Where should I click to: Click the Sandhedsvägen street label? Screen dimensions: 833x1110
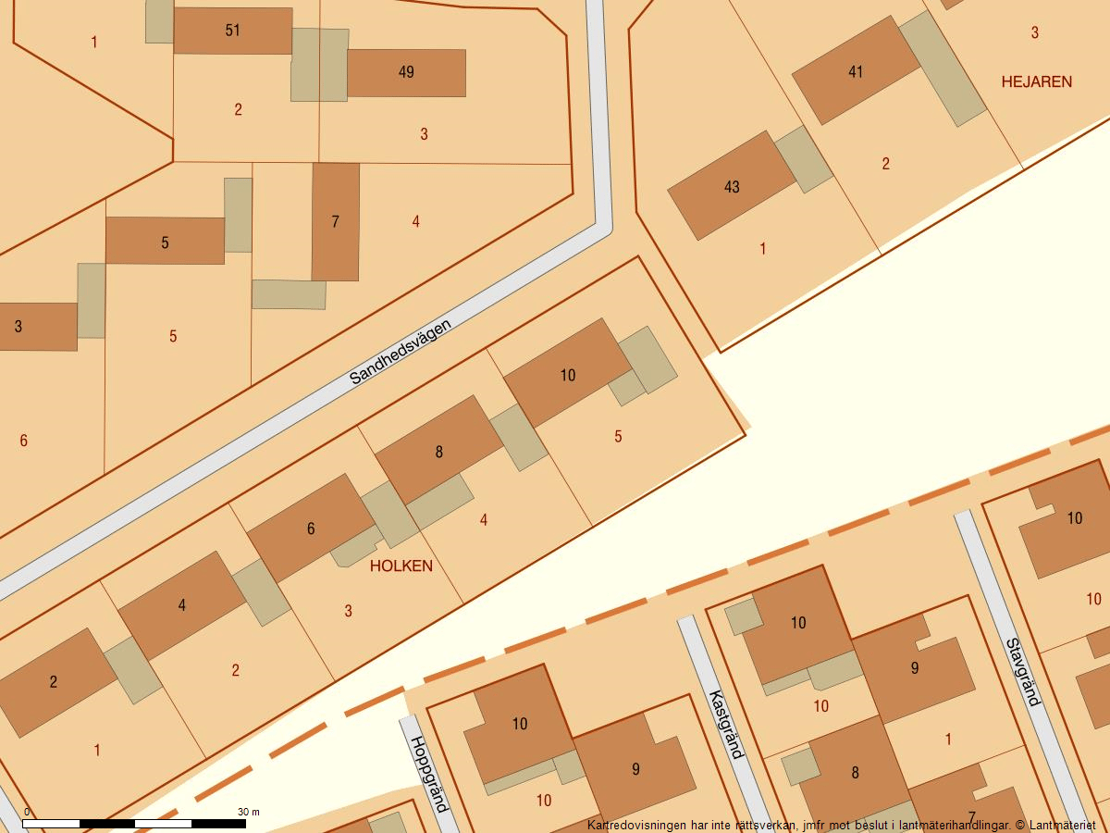tap(401, 352)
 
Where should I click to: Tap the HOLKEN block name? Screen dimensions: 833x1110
tap(401, 566)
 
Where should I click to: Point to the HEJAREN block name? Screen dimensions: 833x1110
tap(1036, 81)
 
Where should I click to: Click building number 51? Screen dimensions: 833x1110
tap(232, 31)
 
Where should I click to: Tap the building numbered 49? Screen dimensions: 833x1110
tap(406, 72)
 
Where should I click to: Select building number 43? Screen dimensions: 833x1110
tap(732, 187)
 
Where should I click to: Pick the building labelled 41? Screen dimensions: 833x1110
tap(856, 71)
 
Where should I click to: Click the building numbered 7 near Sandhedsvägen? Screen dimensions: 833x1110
tap(335, 221)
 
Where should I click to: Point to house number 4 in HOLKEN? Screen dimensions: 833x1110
tap(182, 605)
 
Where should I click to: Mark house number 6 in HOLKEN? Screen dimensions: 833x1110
tap(311, 528)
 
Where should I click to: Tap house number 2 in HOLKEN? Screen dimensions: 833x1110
tap(54, 682)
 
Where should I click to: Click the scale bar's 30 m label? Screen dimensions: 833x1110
tap(248, 812)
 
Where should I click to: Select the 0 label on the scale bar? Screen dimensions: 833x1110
tap(26, 812)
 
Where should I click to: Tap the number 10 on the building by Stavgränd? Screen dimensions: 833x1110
tap(1074, 518)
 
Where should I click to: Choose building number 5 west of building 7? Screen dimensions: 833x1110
tap(165, 242)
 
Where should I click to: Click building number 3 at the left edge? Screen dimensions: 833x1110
tap(18, 327)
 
